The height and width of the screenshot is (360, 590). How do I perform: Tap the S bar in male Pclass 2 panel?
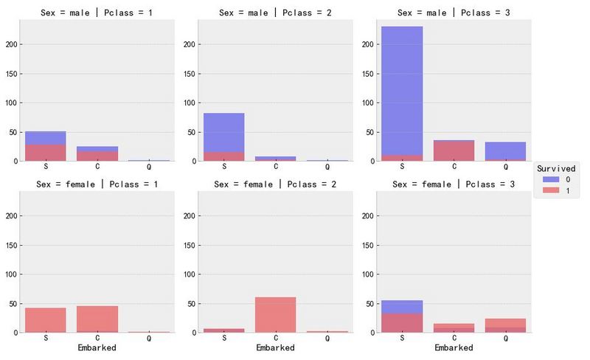click(223, 137)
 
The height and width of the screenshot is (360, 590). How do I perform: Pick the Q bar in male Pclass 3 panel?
click(505, 151)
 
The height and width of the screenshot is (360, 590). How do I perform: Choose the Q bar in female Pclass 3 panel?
click(505, 325)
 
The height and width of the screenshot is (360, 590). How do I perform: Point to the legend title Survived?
click(557, 168)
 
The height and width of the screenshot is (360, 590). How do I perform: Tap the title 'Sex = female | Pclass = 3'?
click(454, 184)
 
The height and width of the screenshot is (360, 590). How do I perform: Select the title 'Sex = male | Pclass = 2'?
click(276, 13)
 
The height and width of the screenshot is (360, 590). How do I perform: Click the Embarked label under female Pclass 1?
click(97, 347)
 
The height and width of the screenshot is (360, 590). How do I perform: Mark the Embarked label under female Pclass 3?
click(454, 347)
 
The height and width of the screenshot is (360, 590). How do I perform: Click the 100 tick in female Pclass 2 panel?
click(189, 274)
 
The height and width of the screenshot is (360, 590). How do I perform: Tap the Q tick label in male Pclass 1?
click(149, 167)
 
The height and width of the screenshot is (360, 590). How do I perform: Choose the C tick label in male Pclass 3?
click(454, 167)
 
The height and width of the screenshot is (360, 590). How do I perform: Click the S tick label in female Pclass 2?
click(223, 338)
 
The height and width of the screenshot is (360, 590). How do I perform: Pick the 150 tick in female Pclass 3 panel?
click(367, 245)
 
